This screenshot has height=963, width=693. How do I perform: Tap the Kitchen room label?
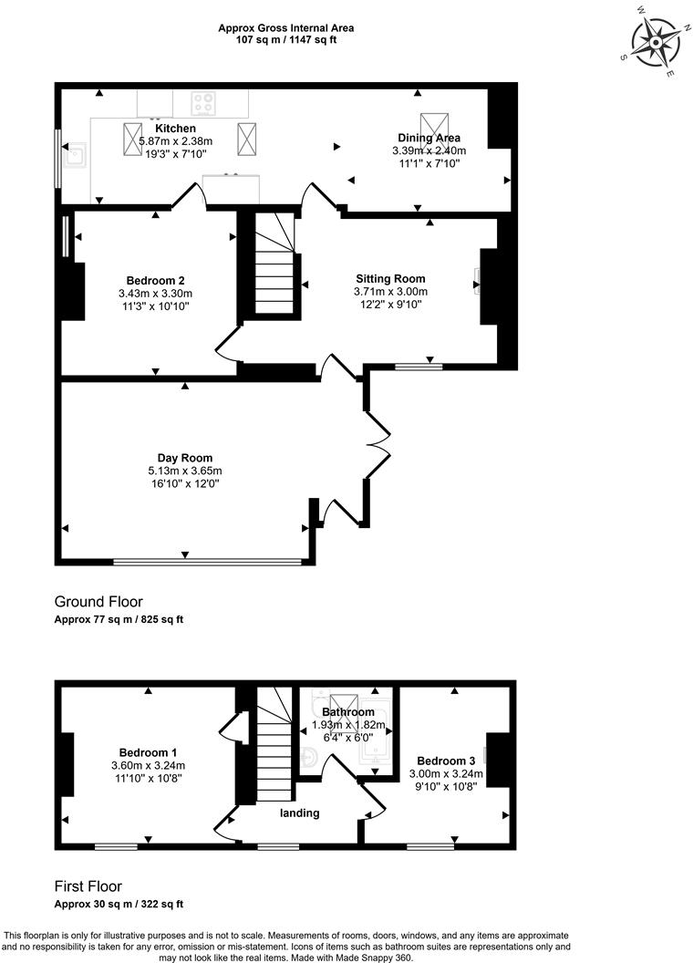(175, 129)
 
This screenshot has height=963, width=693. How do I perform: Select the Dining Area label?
(427, 138)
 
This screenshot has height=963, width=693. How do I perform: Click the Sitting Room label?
(390, 279)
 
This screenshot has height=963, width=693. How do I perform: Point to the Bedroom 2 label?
(155, 281)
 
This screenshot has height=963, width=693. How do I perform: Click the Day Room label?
(184, 458)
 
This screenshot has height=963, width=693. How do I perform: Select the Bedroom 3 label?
(446, 761)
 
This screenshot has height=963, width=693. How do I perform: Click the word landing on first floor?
(299, 813)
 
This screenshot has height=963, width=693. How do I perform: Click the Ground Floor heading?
(98, 602)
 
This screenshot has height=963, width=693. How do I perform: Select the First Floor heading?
(88, 886)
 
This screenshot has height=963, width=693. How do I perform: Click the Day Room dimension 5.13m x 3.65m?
(184, 471)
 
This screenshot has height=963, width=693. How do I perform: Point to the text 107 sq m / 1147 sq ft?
(285, 41)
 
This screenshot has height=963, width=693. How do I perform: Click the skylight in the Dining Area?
(429, 124)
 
